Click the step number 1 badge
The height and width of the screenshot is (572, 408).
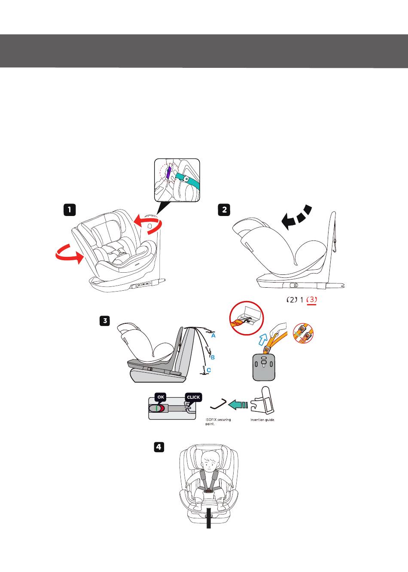click(x=70, y=210)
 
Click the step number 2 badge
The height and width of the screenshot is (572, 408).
click(x=224, y=210)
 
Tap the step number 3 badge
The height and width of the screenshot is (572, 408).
click(x=104, y=321)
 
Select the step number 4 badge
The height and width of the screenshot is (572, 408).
click(x=158, y=447)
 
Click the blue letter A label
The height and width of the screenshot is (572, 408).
click(x=213, y=336)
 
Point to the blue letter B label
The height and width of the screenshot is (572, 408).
click(x=212, y=357)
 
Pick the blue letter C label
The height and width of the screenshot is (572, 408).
click(x=209, y=370)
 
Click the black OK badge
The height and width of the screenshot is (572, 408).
click(x=160, y=397)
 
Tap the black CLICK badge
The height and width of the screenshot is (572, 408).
click(x=193, y=397)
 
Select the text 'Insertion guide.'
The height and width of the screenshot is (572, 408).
click(x=262, y=420)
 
